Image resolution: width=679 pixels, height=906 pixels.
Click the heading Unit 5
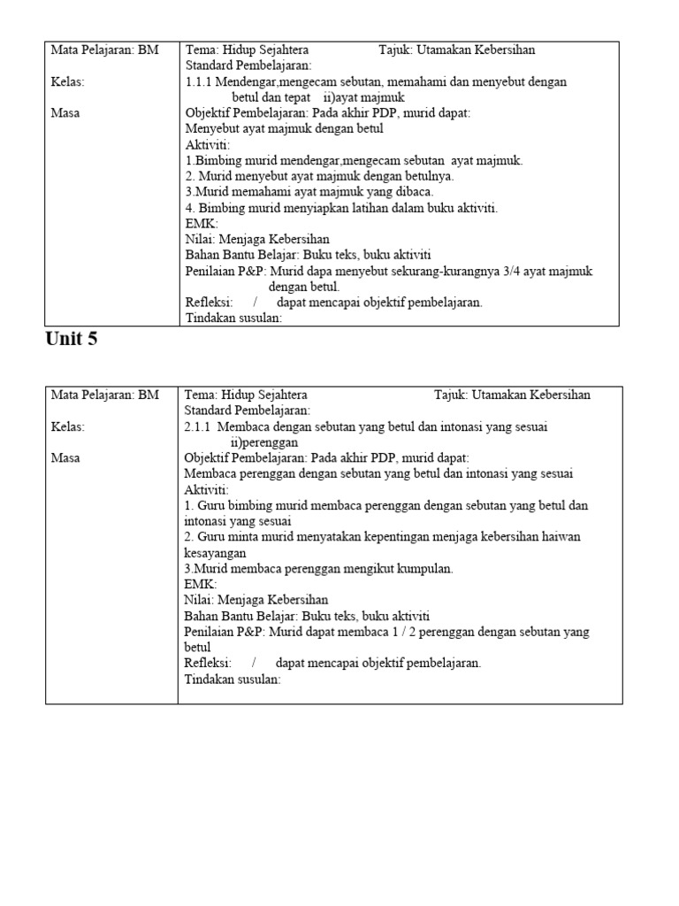(x=71, y=340)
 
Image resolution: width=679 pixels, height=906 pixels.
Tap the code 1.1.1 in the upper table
(x=199, y=81)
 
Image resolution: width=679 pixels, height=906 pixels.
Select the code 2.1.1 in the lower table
(x=199, y=426)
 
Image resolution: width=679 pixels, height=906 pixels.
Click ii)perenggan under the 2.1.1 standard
(x=264, y=442)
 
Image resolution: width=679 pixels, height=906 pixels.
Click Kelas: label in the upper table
(x=68, y=81)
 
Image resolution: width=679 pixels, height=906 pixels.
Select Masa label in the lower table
(x=65, y=458)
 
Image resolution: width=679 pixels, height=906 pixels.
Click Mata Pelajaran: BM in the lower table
(x=104, y=395)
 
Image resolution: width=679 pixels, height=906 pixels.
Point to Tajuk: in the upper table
(x=396, y=50)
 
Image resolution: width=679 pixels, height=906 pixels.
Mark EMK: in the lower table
(x=200, y=584)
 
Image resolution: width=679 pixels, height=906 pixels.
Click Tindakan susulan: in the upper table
(x=233, y=319)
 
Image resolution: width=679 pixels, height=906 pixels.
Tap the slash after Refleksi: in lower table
(x=254, y=663)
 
